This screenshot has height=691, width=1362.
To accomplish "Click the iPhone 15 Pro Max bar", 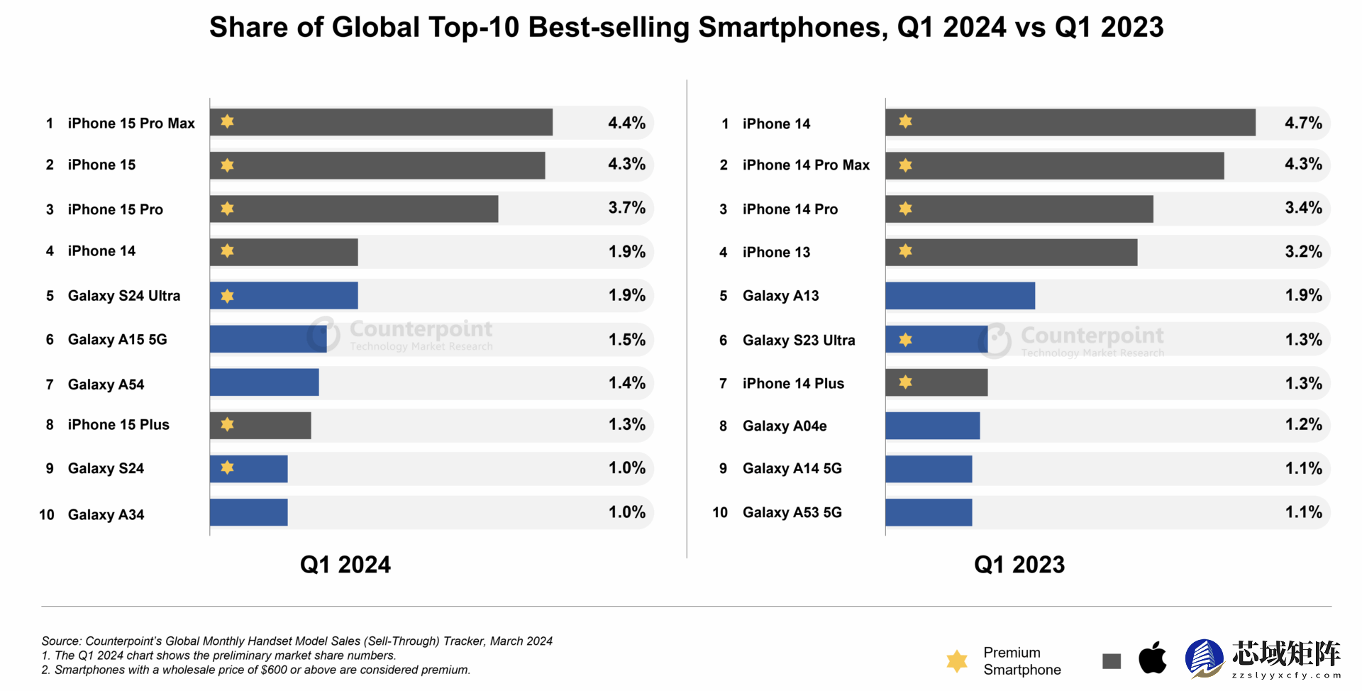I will pos(381,122).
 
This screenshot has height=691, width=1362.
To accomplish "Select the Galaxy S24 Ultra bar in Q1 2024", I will pos(284,295).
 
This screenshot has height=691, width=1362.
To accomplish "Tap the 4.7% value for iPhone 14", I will pos(1303,123).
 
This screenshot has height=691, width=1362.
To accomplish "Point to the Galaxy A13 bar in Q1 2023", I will pos(960,296).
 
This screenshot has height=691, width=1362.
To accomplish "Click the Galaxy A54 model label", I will pos(106,385).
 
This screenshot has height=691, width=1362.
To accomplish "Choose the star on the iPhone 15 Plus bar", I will pos(227,424).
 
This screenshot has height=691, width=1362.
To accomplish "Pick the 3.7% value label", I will pos(626,208).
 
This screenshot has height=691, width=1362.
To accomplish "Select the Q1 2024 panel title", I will pos(345,565).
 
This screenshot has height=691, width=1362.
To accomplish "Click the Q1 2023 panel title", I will pos(1019,565).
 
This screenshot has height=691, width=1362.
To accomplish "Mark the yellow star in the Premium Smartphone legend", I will pos(957,660).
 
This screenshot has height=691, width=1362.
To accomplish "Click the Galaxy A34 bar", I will pos(248,512).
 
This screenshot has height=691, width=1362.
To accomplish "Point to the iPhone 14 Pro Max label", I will pos(806,165).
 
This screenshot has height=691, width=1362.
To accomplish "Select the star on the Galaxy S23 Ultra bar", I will pos(905,340).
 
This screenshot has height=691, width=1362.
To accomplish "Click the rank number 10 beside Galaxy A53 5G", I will pos(720,512).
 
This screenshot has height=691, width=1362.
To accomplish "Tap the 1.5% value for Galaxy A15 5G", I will pos(626,340).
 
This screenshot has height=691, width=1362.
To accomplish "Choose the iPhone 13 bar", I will pos(1011,253).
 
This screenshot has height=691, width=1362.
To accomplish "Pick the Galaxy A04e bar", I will pos(932,426).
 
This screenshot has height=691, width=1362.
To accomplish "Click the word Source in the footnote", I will pos(61,641).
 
